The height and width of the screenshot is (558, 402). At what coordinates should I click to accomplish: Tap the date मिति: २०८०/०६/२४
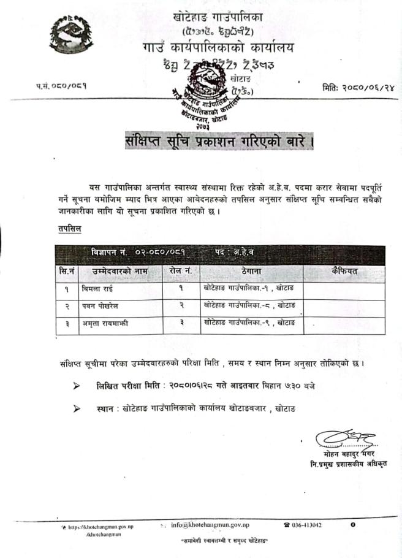357,88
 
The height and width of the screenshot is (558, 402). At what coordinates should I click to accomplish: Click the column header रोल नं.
181,270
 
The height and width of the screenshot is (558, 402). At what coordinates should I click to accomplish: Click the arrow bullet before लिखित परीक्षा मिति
77,386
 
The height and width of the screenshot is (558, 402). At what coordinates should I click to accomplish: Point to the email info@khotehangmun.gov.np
210,525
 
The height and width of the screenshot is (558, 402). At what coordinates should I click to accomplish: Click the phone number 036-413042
306,525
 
